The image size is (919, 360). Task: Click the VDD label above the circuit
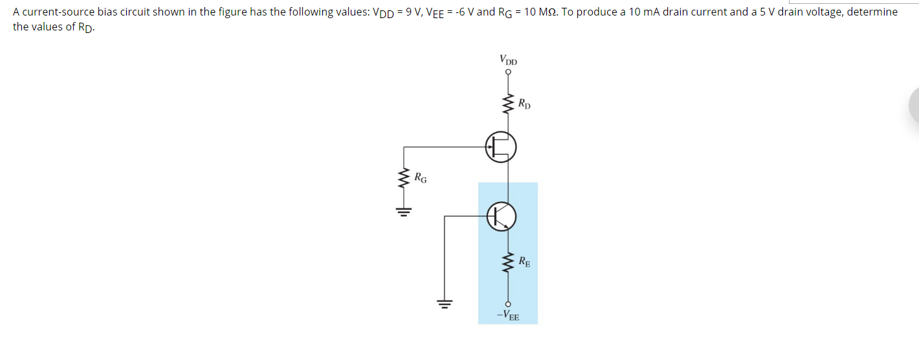508,60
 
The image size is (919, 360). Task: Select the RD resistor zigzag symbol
508,104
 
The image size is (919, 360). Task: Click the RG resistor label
420,177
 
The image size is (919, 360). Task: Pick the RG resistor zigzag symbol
405,179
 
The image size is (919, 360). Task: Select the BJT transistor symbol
502,216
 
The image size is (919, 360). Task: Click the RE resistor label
524,262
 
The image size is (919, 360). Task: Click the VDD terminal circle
508,73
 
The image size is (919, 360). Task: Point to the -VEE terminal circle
508,304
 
